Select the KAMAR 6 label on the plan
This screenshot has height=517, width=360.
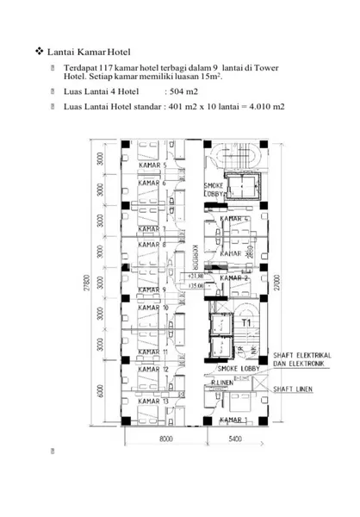point(152,183)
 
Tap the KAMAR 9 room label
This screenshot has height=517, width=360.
point(152,290)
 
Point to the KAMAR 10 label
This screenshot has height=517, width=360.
point(153,308)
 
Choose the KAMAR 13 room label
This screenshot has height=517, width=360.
point(152,401)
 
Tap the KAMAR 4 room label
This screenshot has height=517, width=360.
point(234,219)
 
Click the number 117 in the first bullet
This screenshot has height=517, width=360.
point(107,67)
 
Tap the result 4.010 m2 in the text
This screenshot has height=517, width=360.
point(265,108)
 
